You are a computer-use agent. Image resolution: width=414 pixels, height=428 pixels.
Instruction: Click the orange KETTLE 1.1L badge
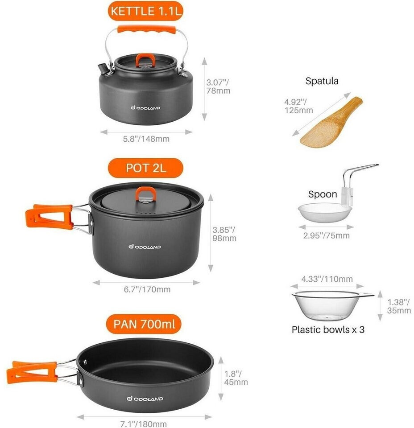pyautogui.click(x=145, y=11)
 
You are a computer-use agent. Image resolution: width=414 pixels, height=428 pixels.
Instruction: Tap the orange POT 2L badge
pyautogui.click(x=145, y=168)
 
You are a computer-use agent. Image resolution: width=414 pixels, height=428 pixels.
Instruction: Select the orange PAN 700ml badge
pyautogui.click(x=144, y=324)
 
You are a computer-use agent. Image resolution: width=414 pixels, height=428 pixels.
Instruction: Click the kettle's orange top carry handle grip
pyautogui.click(x=146, y=29)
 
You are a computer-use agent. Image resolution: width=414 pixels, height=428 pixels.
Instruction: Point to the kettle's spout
pyautogui.click(x=103, y=68)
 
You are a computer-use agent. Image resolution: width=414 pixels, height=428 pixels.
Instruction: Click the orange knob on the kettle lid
pyautogui.click(x=145, y=60)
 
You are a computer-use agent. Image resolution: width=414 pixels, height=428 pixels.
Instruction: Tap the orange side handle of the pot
pyautogui.click(x=49, y=217)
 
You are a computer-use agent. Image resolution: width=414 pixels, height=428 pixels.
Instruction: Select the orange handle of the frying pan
pyautogui.click(x=32, y=372)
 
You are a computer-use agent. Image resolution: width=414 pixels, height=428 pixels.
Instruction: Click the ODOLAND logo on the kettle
pyautogui.click(x=145, y=108)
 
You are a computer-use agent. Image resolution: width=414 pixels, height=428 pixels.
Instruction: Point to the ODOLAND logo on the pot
pyautogui.click(x=145, y=247)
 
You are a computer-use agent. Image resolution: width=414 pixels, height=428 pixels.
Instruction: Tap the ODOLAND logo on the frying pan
pyautogui.click(x=145, y=399)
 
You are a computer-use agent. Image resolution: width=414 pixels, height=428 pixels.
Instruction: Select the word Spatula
pyautogui.click(x=322, y=81)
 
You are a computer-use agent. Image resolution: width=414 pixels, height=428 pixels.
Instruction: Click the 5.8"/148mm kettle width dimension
pyautogui.click(x=146, y=139)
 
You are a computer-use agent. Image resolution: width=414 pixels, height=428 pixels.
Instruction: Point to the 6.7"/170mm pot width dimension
pyautogui.click(x=147, y=289)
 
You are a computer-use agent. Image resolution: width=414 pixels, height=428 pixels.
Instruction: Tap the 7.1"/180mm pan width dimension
pyautogui.click(x=143, y=424)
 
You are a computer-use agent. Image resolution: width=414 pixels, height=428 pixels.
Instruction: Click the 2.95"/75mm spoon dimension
pyautogui.click(x=327, y=235)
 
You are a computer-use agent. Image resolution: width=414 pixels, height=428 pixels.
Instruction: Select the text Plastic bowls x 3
pyautogui.click(x=328, y=329)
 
